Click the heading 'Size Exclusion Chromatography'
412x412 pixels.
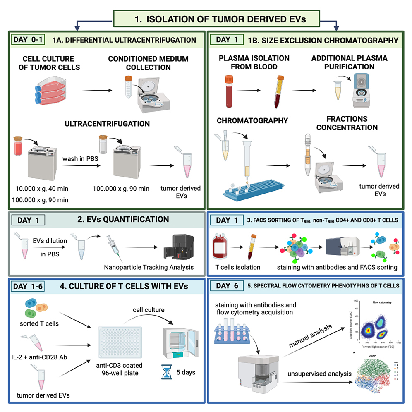323,40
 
